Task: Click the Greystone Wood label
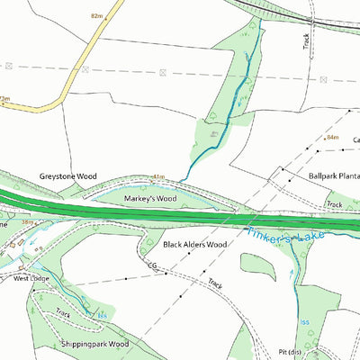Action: coord(67,177)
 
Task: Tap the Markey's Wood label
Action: coord(150,198)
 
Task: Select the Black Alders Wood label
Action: coord(195,244)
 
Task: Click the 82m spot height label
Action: coord(98,16)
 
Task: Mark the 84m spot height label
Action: coord(331,137)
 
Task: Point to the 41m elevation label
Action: coord(159,178)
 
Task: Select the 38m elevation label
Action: coord(27,221)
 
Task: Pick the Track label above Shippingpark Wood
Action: coord(63,313)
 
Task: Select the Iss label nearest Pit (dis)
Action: coord(303,321)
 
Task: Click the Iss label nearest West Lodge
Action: coord(103,315)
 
